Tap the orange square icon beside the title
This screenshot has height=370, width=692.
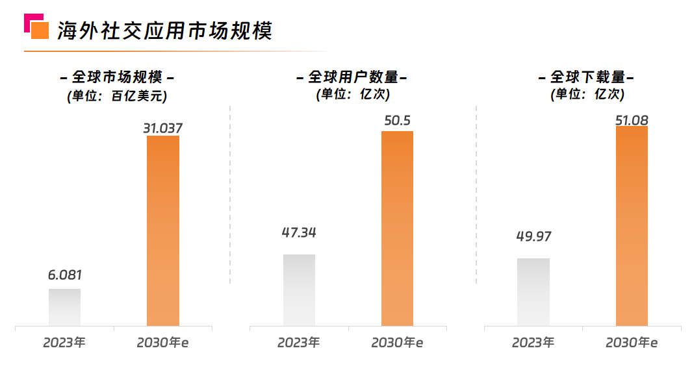click(x=40, y=30)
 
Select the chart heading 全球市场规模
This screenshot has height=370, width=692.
click(x=117, y=77)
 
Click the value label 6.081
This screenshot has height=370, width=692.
click(x=65, y=275)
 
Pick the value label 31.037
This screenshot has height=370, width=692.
click(x=163, y=128)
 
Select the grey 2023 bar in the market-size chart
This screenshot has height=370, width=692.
click(x=65, y=307)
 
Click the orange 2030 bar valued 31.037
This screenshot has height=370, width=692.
click(x=163, y=230)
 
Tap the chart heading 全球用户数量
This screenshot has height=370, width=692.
click(x=352, y=77)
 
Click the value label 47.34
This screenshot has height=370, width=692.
click(x=299, y=232)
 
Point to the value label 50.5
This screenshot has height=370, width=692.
click(x=398, y=121)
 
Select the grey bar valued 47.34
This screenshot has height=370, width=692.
click(x=299, y=290)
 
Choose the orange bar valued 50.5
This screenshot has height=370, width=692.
click(x=398, y=228)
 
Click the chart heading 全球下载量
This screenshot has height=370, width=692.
click(x=586, y=77)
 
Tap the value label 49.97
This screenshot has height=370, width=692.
click(x=533, y=236)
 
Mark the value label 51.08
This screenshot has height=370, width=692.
click(x=632, y=120)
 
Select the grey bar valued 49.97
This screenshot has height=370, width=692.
click(x=533, y=291)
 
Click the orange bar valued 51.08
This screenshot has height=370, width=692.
click(x=632, y=225)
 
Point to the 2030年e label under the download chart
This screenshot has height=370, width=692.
click(x=632, y=342)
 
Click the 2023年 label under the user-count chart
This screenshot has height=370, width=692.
click(x=299, y=342)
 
